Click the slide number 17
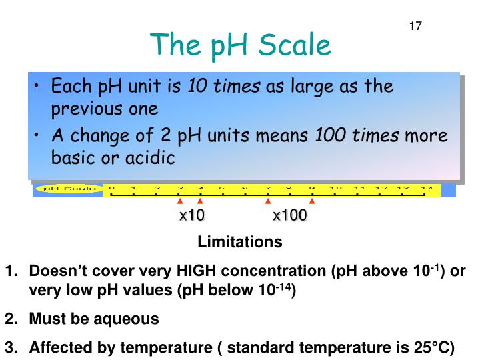[x=415, y=27]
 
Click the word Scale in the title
[x=295, y=45]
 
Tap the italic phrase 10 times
[x=224, y=87]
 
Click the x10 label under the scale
[x=192, y=215]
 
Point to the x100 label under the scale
[x=290, y=215]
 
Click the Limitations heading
[x=240, y=242]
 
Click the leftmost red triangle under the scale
[x=179, y=199]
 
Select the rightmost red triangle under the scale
[x=311, y=199]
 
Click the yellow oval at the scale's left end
[x=69, y=189]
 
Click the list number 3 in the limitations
[x=9, y=347]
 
